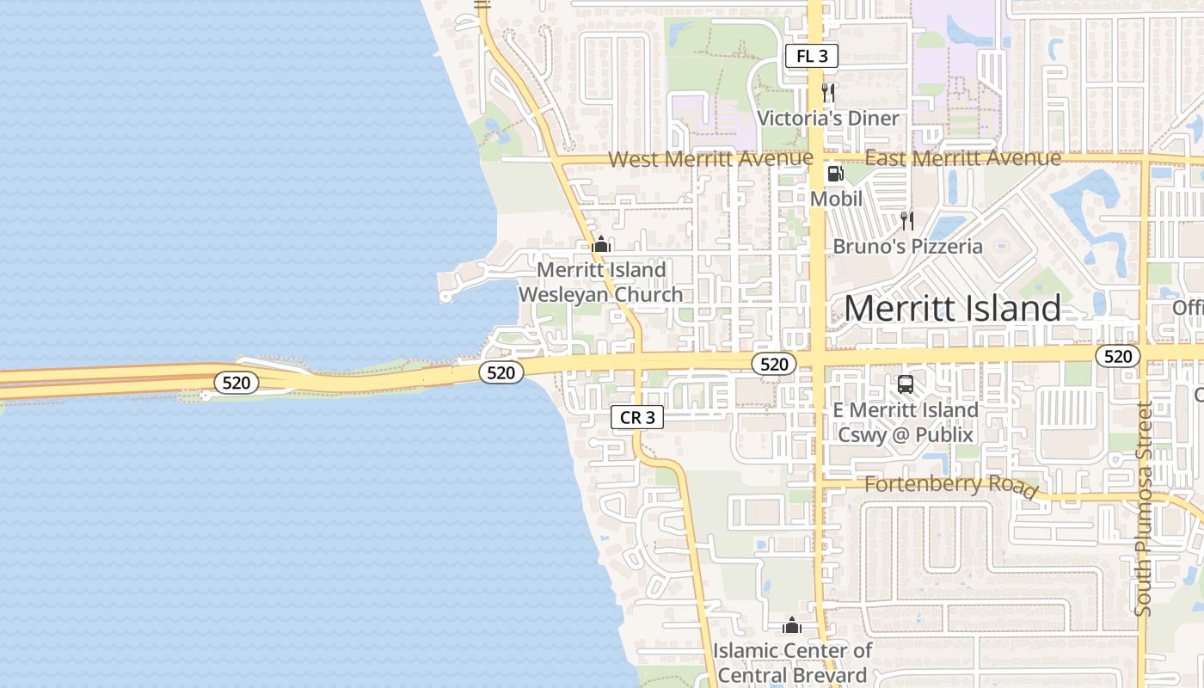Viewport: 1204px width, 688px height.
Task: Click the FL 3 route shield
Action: [x=812, y=57]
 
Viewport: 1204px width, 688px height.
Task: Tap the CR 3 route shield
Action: [x=638, y=418]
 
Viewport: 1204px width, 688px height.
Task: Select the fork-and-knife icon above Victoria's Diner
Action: [x=828, y=93]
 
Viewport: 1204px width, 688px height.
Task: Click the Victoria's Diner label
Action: [x=827, y=118]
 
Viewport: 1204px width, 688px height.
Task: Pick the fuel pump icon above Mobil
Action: [x=835, y=174]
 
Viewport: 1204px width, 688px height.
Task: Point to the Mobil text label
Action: [x=836, y=199]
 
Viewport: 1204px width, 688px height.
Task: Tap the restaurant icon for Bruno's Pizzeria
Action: [x=906, y=221]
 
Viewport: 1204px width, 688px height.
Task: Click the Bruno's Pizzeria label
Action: [x=907, y=247]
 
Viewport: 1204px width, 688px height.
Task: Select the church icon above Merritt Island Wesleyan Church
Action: [x=602, y=245]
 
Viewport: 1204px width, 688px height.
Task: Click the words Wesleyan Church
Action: [x=601, y=294]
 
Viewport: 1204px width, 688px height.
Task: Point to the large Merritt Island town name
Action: [x=952, y=308]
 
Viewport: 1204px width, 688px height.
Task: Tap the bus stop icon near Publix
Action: [x=905, y=384]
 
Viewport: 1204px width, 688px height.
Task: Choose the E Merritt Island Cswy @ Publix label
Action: [x=906, y=422]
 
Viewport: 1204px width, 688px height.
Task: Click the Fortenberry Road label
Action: [x=950, y=485]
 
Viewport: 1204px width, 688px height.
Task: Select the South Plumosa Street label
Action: [x=1143, y=509]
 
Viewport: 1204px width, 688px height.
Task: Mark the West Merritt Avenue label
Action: [x=710, y=158]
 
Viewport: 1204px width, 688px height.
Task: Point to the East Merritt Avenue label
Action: [x=962, y=158]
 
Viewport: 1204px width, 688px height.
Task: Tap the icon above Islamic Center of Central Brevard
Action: [x=792, y=625]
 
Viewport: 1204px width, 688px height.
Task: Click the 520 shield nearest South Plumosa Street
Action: [x=1118, y=356]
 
